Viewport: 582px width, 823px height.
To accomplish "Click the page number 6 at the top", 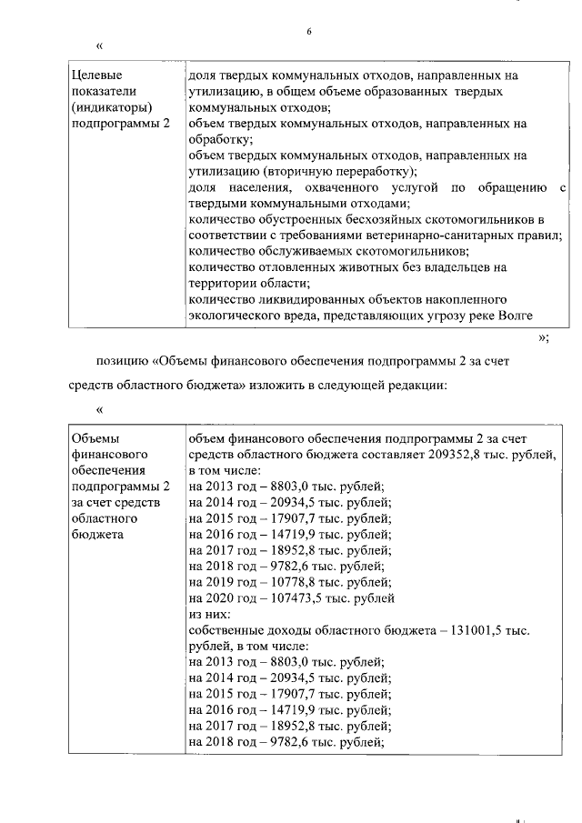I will coord(308,31).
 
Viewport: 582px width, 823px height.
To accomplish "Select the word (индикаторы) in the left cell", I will coord(108,108).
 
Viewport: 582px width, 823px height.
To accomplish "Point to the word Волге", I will coord(513,316).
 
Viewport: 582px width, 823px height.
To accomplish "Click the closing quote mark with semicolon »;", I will coord(544,338).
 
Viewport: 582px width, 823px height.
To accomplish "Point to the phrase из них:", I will coord(209,614).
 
